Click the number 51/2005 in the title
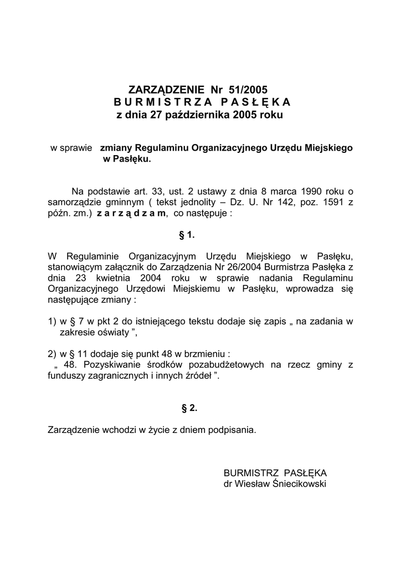point(248,89)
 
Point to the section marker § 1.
point(187,235)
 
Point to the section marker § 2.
point(189,409)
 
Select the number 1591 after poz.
point(331,203)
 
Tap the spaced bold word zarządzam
point(131,214)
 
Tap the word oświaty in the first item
point(109,333)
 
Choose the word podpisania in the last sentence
point(232,429)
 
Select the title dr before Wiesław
point(228,483)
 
